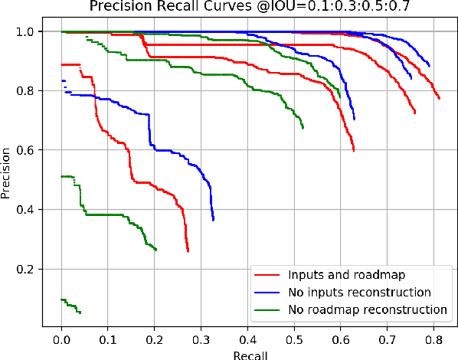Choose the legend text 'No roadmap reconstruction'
click(x=367, y=309)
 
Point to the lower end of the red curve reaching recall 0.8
click(x=439, y=98)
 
